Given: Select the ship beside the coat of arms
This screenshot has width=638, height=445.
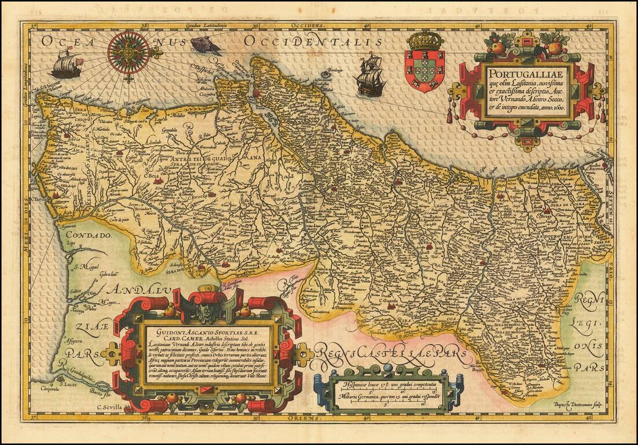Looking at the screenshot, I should (x=371, y=75).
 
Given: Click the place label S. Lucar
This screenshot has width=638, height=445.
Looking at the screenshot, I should (x=69, y=384).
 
